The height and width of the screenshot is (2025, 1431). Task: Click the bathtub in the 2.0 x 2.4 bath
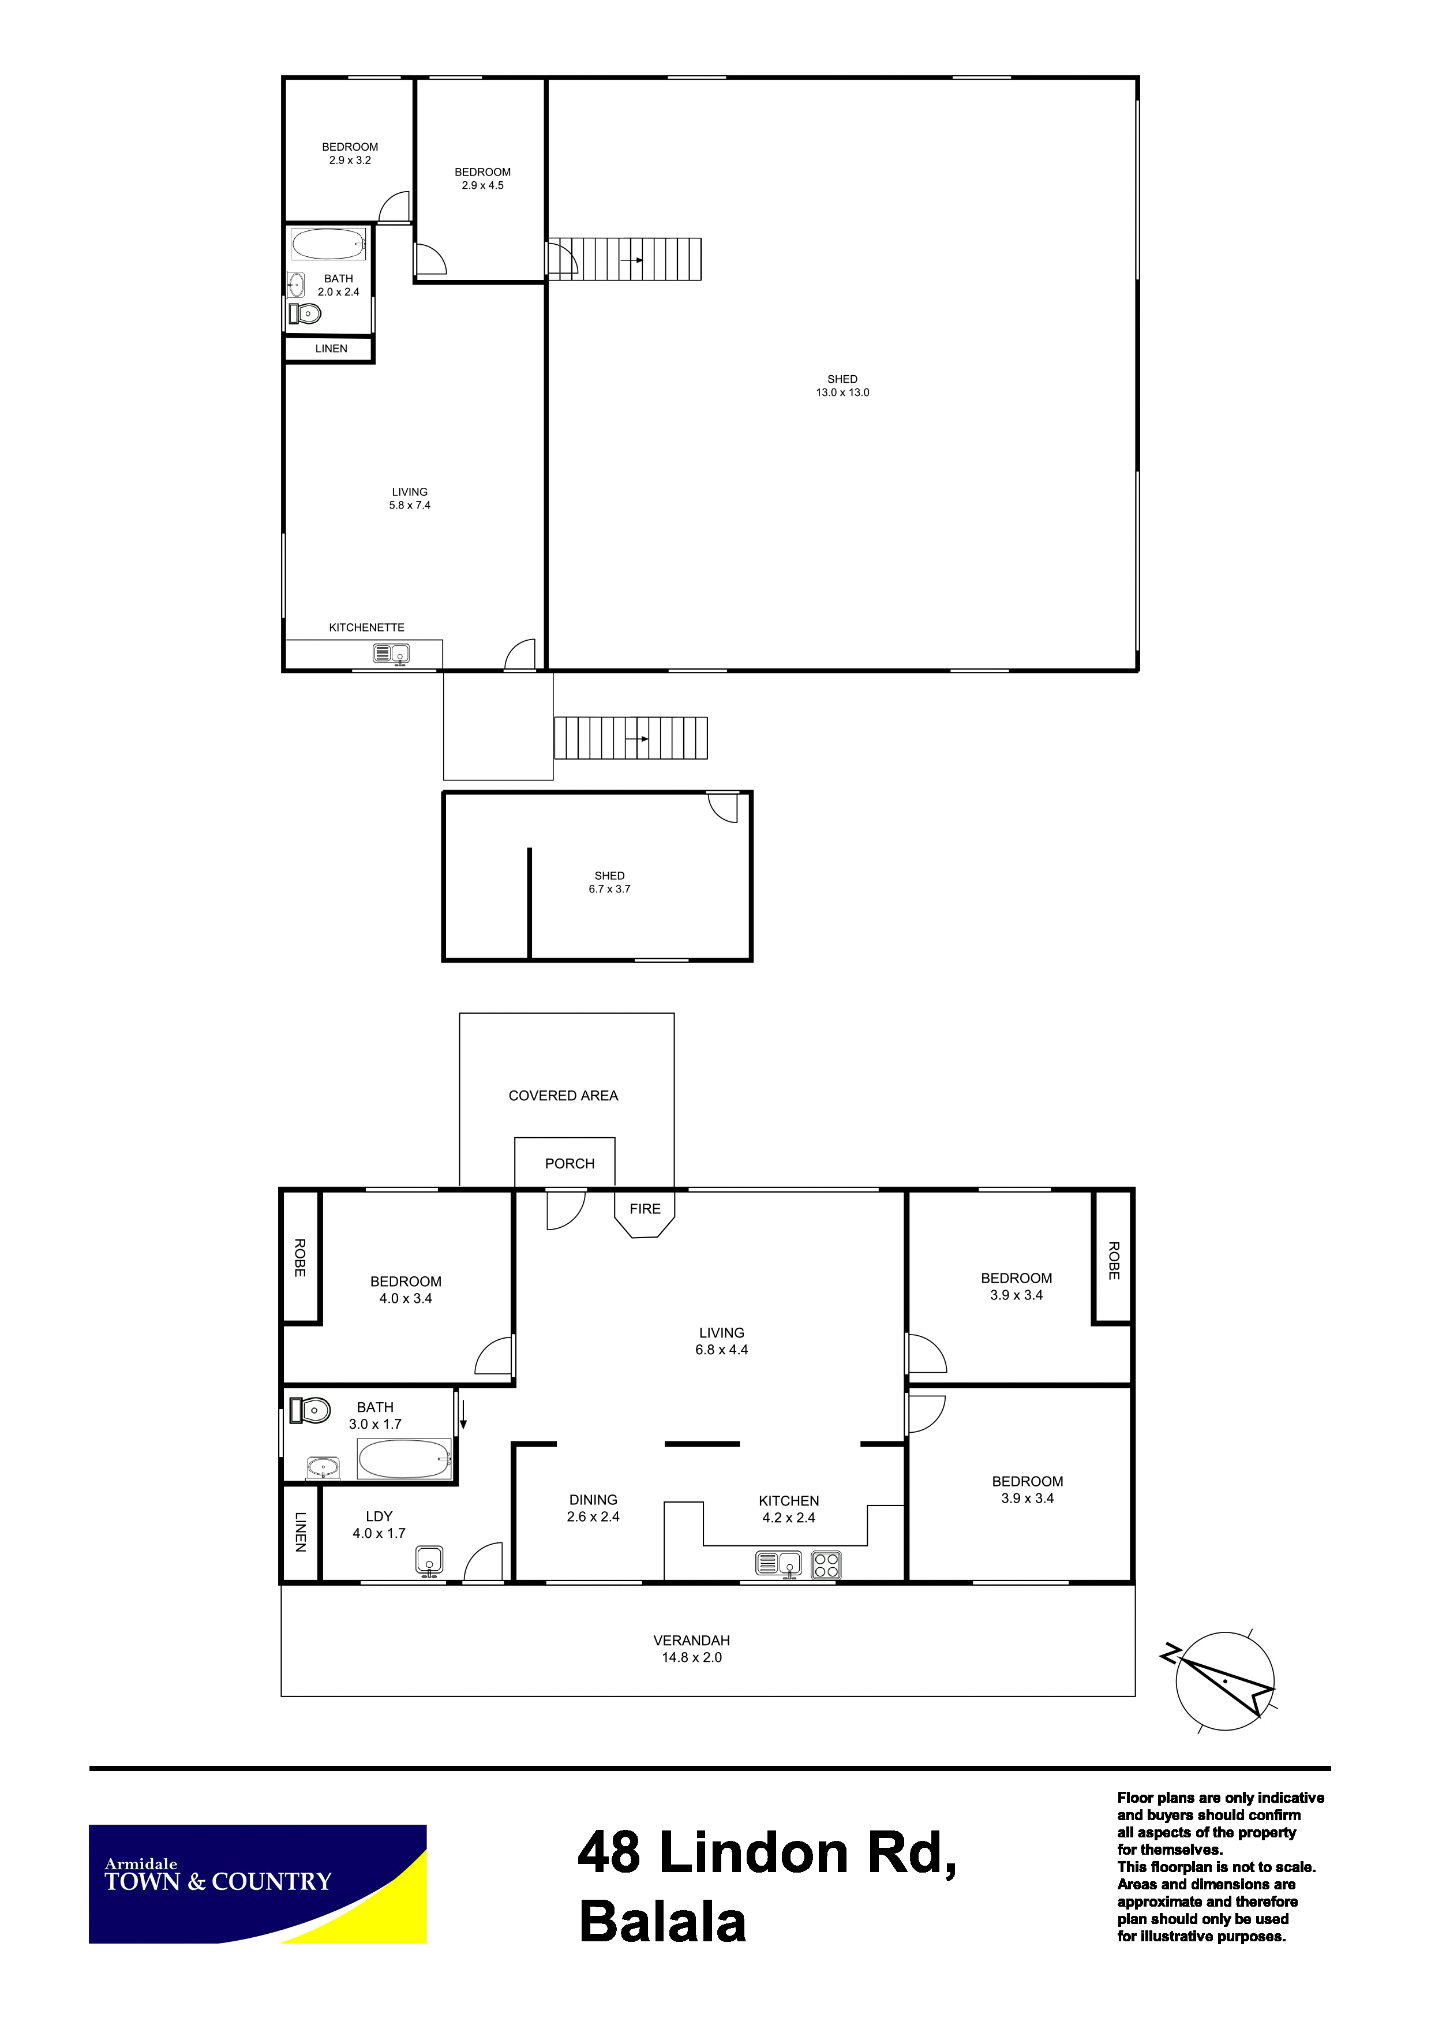pyautogui.click(x=328, y=244)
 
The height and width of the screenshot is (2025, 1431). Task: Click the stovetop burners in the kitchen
pyautogui.click(x=826, y=1564)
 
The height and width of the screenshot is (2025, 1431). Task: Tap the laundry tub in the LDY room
pyautogui.click(x=429, y=1560)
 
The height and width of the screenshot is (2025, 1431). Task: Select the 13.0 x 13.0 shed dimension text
pyautogui.click(x=842, y=393)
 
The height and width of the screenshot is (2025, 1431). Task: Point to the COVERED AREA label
pyautogui.click(x=563, y=1096)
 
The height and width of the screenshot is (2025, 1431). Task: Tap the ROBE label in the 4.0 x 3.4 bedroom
pyautogui.click(x=300, y=1258)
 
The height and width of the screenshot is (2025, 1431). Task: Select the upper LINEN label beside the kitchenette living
pyautogui.click(x=332, y=349)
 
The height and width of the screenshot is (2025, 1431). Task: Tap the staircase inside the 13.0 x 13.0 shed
pyautogui.click(x=624, y=259)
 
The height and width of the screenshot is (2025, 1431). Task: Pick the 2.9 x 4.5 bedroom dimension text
pyautogui.click(x=482, y=185)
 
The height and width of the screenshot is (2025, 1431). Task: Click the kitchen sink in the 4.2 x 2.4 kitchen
pyautogui.click(x=778, y=1564)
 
